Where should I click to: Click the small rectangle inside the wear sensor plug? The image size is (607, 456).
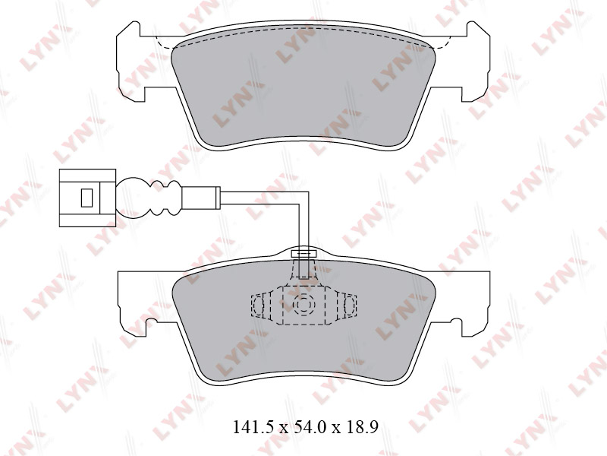86,198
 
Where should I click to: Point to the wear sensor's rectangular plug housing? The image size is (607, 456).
87,198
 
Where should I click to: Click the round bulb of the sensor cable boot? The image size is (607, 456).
133,198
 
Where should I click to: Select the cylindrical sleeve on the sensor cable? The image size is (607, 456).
201,198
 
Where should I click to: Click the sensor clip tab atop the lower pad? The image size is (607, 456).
303,254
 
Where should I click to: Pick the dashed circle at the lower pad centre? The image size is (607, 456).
303,305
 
